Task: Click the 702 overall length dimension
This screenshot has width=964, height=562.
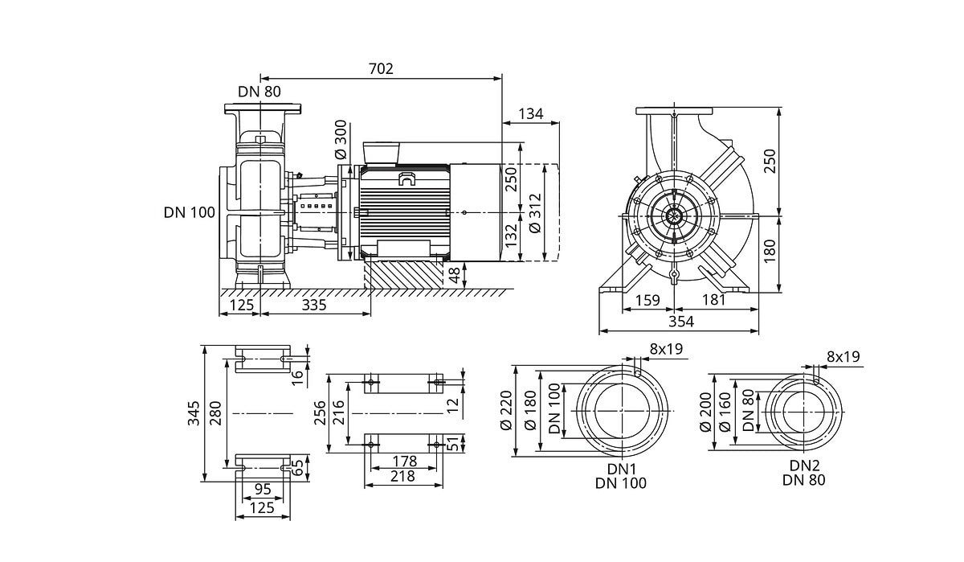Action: coord(381,69)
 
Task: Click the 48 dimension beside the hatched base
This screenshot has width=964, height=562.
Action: coord(455,275)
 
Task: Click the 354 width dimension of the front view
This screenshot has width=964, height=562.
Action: coord(680,322)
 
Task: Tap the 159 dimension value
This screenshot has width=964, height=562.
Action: coord(647,301)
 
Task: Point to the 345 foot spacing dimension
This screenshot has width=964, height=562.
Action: coord(194,413)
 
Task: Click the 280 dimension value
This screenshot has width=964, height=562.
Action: coord(215,413)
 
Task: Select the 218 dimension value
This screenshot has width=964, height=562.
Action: coord(403,477)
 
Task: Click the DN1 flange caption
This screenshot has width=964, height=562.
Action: coord(621,467)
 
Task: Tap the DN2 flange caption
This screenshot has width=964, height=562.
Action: coord(804,466)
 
